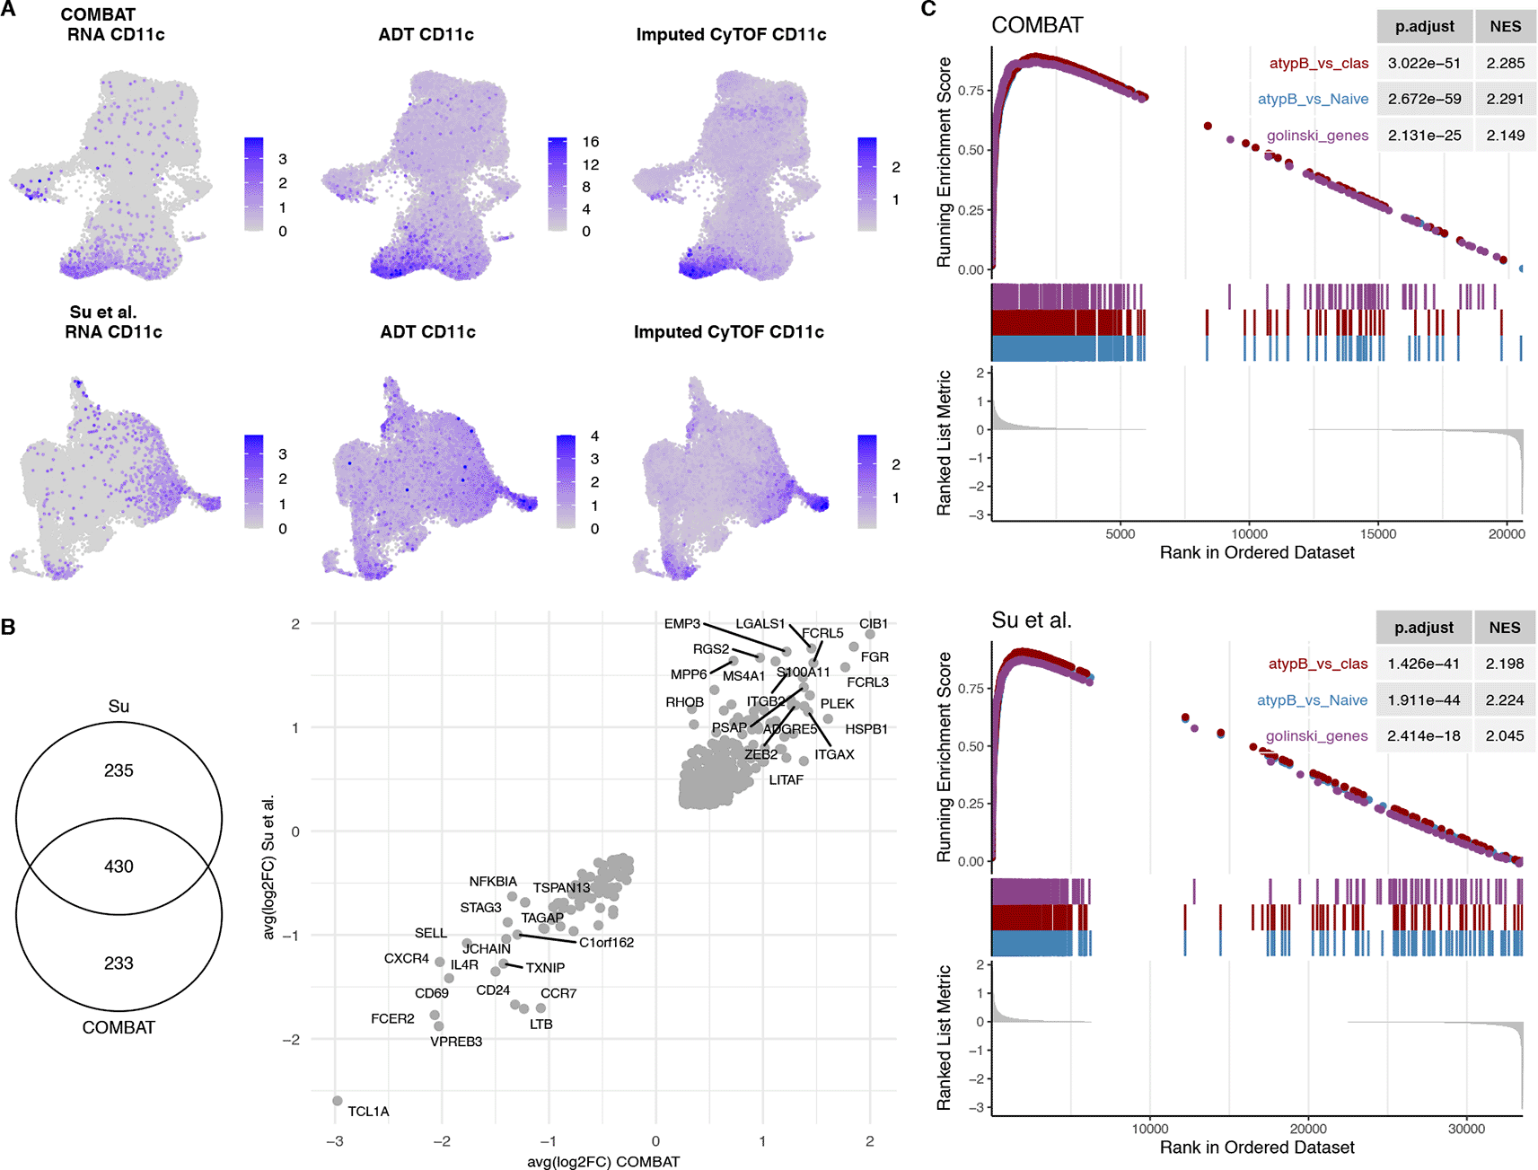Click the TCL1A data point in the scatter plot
[x=338, y=1101]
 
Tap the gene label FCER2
[x=392, y=1018]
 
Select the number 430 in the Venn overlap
[x=119, y=867]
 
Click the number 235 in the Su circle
[x=119, y=770]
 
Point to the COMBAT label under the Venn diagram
[x=119, y=1027]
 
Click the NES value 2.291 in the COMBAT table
[x=1505, y=100]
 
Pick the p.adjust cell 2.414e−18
[x=1423, y=735]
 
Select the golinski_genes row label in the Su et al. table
[x=1316, y=735]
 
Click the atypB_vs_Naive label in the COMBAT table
[x=1313, y=100]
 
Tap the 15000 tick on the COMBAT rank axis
[x=1378, y=533]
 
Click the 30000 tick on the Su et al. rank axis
[x=1466, y=1129]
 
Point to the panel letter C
[x=928, y=9]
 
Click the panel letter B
[x=9, y=627]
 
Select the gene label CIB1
[x=873, y=623]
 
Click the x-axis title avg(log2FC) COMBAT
[x=603, y=1162]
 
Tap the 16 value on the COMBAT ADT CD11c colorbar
[x=590, y=142]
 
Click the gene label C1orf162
[x=606, y=942]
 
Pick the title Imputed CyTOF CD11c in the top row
[x=731, y=35]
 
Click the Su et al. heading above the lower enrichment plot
[x=1031, y=620]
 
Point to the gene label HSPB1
[x=866, y=729]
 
